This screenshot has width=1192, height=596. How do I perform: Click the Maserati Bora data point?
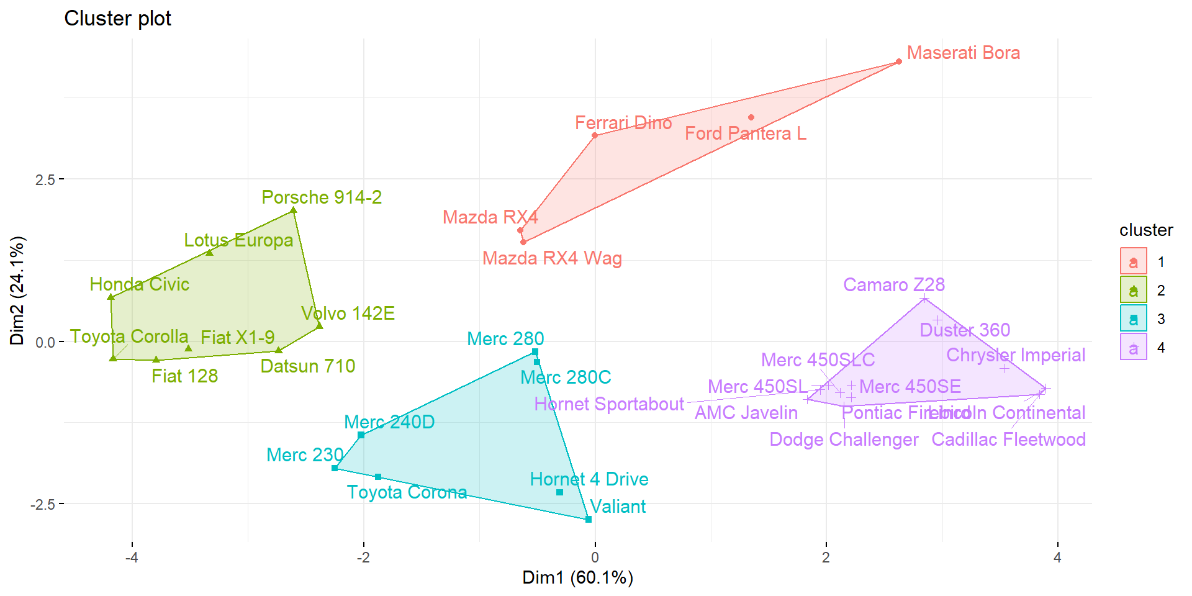point(898,61)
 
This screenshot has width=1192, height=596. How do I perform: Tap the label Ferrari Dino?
point(623,123)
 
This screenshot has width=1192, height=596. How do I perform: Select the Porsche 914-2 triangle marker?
point(294,210)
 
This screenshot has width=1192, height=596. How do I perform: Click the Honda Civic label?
point(139,284)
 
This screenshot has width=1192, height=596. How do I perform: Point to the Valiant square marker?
point(589,519)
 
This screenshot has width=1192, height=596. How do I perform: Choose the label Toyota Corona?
point(407,492)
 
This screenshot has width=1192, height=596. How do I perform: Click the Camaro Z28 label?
point(893,285)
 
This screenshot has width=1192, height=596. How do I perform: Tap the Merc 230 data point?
point(335,468)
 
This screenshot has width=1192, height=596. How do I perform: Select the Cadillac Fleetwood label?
point(1008,440)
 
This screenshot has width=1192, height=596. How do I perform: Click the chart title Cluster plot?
point(117,19)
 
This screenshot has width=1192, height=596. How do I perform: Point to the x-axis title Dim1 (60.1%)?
point(577,577)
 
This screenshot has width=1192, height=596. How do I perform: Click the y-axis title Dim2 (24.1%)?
point(17,291)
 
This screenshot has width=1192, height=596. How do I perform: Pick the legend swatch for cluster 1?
point(1133,261)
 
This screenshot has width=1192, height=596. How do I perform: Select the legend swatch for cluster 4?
point(1133,347)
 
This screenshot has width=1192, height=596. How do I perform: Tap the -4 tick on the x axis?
point(132,558)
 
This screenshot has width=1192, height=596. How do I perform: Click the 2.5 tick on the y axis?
point(45,179)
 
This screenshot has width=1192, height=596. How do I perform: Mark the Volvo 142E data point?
point(320,325)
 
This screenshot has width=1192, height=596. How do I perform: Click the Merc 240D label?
point(389,422)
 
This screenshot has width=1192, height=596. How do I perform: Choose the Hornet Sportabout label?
point(608,404)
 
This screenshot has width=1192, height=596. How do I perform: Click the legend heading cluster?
point(1145,230)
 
